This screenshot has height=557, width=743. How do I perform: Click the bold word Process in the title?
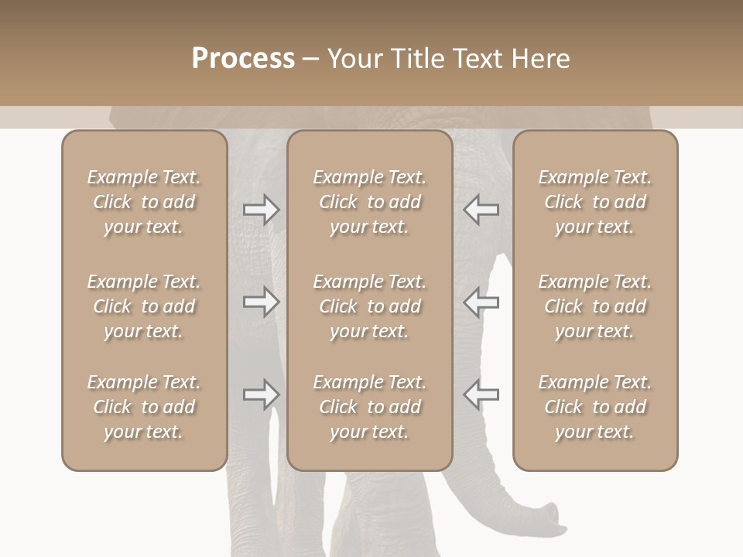(x=243, y=59)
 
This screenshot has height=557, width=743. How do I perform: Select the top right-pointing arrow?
(x=262, y=210)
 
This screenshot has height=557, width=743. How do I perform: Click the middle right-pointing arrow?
(x=262, y=302)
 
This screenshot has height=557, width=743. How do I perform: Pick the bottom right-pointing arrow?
(x=262, y=395)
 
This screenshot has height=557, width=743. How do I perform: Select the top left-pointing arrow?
(x=481, y=210)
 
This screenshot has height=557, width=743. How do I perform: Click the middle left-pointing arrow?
(x=481, y=302)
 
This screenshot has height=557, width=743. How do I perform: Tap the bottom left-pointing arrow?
(x=481, y=395)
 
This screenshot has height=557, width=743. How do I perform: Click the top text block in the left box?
(x=144, y=202)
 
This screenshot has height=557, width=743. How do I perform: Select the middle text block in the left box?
(x=144, y=306)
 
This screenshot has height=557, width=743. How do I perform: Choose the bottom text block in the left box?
(x=144, y=407)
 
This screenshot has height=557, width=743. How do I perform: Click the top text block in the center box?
(x=369, y=202)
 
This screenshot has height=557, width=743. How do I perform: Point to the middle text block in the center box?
(x=369, y=306)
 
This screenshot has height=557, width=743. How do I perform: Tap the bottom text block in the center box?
(x=369, y=407)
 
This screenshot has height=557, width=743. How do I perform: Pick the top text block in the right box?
(x=594, y=202)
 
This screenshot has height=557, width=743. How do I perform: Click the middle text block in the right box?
(x=594, y=306)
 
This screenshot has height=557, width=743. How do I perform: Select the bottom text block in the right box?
(x=594, y=407)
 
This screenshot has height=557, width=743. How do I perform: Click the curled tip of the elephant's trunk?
(x=551, y=517)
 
